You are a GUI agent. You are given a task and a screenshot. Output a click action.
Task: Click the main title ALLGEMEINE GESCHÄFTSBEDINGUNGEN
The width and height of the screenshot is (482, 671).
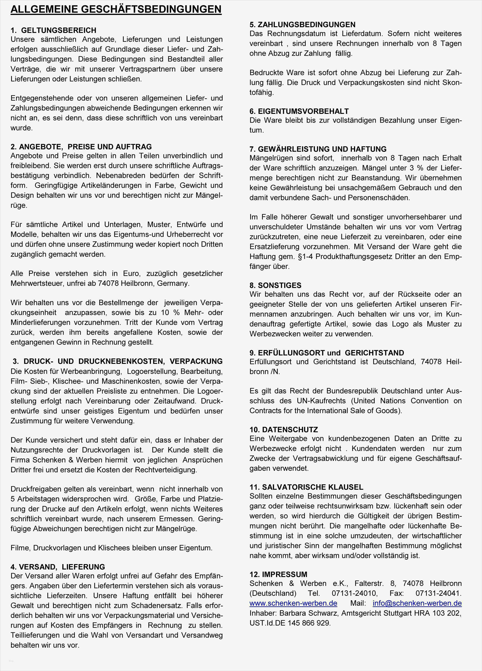[116, 9]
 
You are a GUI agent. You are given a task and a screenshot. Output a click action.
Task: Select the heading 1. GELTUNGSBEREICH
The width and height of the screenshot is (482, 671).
[53, 31]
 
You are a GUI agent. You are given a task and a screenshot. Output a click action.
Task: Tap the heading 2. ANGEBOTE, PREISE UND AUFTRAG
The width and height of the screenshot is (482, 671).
[81, 147]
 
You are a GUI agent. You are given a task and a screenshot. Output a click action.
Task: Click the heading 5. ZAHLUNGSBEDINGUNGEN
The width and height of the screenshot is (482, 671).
[302, 24]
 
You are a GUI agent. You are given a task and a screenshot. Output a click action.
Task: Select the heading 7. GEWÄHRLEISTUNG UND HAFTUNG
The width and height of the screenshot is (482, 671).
[318, 149]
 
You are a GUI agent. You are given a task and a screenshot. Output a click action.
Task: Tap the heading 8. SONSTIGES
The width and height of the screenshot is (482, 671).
[275, 285]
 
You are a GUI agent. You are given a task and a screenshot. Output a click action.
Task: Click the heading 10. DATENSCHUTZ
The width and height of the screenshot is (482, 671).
[284, 430]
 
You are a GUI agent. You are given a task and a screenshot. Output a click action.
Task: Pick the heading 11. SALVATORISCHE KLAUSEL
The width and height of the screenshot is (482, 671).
[306, 487]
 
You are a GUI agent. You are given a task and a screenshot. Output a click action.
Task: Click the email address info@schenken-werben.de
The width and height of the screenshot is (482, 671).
[417, 603]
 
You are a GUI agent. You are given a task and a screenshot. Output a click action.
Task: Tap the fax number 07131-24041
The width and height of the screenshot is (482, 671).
[438, 593]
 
